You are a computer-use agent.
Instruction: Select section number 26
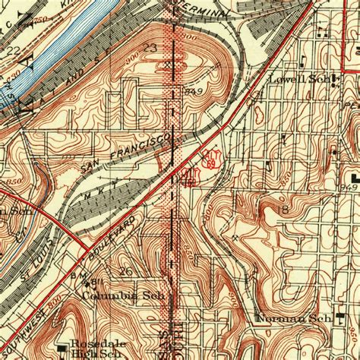(127, 271)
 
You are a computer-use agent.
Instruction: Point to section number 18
(283, 208)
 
